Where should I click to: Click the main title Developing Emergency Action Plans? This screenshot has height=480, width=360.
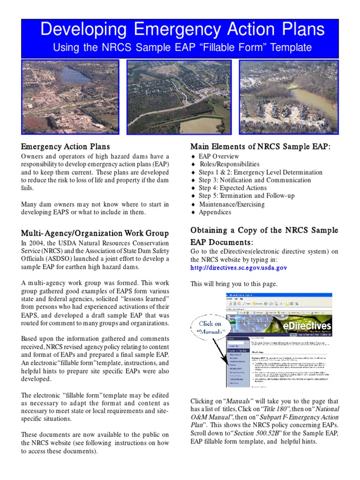pyautogui.click(x=182, y=30)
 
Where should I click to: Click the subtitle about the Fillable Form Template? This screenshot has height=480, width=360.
pyautogui.click(x=182, y=47)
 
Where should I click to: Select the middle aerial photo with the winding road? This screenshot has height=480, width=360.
pyautogui.click(x=179, y=97)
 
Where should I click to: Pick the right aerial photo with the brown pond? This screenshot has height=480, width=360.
pyautogui.click(x=288, y=97)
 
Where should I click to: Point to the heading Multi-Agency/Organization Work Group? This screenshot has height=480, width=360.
pyautogui.click(x=95, y=233)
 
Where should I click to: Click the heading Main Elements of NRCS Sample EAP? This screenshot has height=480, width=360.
pyautogui.click(x=260, y=147)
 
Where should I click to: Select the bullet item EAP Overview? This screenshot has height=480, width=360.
pyautogui.click(x=218, y=157)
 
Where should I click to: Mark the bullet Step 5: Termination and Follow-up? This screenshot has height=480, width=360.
pyautogui.click(x=247, y=196)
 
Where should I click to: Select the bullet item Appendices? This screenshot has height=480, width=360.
pyautogui.click(x=215, y=212)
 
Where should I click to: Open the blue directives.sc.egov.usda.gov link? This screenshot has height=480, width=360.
pyautogui.click(x=239, y=268)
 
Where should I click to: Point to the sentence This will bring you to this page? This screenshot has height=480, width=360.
pyautogui.click(x=234, y=284)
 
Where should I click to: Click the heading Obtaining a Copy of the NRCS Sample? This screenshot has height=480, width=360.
pyautogui.click(x=264, y=230)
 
